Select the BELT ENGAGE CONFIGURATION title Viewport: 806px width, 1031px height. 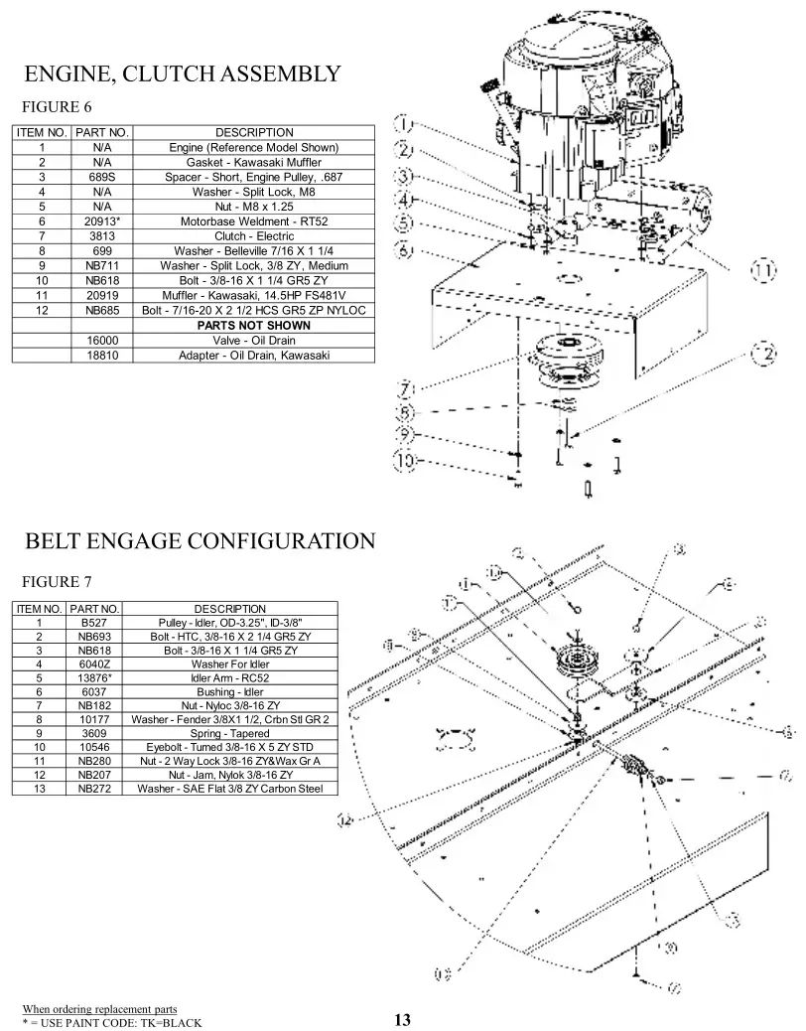coord(200,541)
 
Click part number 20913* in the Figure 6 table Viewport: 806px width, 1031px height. coord(101,221)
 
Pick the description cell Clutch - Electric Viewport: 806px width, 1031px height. coord(253,236)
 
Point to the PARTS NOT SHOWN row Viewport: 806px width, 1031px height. coord(253,325)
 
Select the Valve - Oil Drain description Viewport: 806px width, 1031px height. coord(253,340)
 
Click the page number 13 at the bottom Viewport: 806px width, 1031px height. coord(402,1019)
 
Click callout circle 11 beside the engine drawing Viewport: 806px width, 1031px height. coord(762,270)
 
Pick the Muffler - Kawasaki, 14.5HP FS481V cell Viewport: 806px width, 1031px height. coord(253,295)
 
